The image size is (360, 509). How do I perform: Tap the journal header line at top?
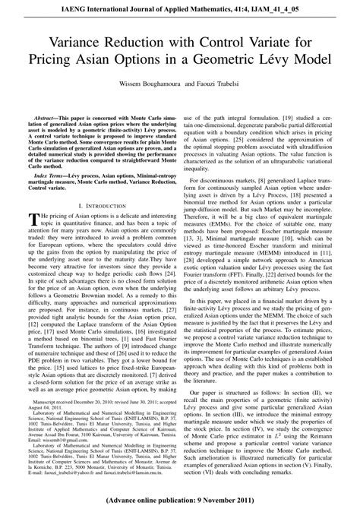(x=180, y=7)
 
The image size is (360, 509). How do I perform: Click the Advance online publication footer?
(x=180, y=501)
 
